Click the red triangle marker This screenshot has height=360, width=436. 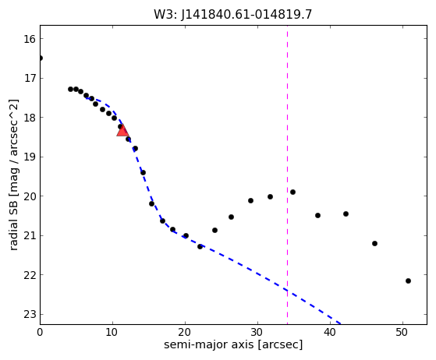point(122,130)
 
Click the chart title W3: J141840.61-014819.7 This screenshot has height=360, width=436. point(233,15)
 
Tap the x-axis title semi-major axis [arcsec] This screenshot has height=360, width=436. point(233,344)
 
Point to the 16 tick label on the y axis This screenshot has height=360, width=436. point(30,39)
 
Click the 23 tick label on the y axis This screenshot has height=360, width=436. point(30,315)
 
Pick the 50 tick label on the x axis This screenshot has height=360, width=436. point(402,332)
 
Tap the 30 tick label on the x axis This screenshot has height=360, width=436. point(257,332)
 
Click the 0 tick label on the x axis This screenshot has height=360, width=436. point(40,332)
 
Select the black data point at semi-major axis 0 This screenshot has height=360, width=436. point(41,58)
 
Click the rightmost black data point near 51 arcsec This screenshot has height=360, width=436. point(408,281)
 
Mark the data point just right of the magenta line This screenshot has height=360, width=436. point(292,192)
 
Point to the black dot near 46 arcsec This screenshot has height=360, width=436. point(374,243)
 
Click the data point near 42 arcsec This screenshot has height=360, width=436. point(346,214)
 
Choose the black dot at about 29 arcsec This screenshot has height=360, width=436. point(250,200)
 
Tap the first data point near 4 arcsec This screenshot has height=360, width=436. point(71,89)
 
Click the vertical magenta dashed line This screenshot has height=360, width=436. point(287,175)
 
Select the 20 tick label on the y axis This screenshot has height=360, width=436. point(30,196)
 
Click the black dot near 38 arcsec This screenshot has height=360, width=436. point(317,215)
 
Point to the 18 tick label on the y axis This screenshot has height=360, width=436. point(30,118)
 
